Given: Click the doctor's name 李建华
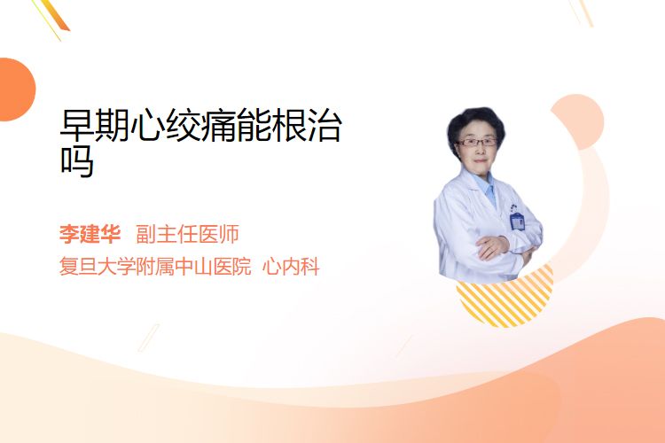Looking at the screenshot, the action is [x=90, y=234].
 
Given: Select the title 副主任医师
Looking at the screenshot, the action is [x=187, y=234].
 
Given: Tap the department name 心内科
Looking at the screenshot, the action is [x=291, y=267].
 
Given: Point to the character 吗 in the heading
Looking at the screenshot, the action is [x=77, y=161].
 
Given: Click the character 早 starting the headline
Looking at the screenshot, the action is [x=77, y=125].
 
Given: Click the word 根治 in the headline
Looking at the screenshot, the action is [x=308, y=125].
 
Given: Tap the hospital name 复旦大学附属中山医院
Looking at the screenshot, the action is [x=155, y=267].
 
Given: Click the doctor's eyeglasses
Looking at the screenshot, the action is [x=477, y=143].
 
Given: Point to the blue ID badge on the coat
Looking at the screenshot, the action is [x=517, y=221].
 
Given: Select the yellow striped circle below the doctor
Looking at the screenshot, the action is [x=505, y=299].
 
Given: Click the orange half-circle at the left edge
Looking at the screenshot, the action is [x=17, y=89].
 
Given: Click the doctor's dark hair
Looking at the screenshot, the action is [x=475, y=123].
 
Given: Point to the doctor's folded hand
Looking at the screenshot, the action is [x=491, y=246].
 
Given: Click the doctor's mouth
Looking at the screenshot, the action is [x=480, y=161].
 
